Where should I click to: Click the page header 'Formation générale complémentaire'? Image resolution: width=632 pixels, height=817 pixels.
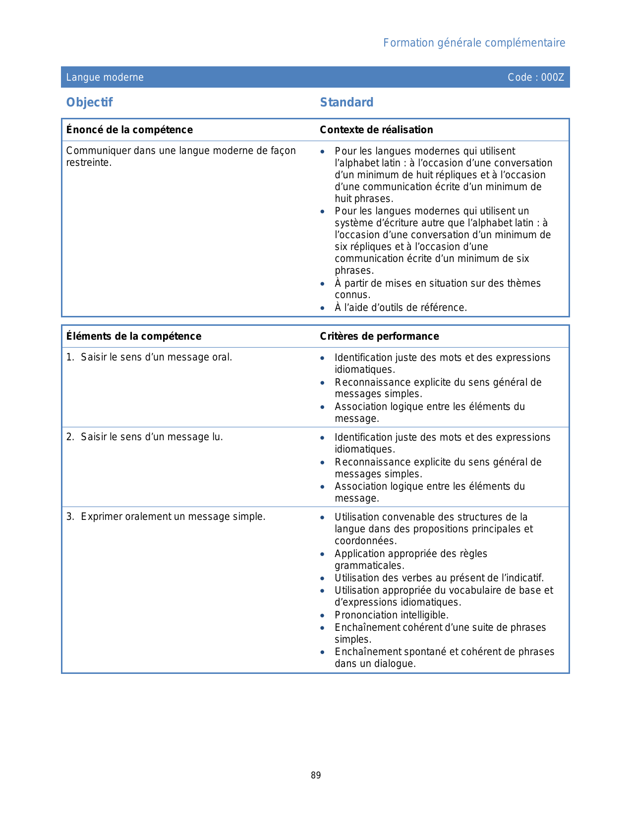pos(474,43)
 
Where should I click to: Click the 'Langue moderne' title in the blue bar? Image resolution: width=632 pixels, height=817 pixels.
pos(105,77)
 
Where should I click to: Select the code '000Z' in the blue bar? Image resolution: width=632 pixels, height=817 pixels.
pos(552,77)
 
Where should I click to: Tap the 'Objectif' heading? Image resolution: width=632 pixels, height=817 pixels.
pos(90,102)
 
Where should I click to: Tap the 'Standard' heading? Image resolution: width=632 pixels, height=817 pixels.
pos(346,102)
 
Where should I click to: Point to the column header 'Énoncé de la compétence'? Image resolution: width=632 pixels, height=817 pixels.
pos(129,130)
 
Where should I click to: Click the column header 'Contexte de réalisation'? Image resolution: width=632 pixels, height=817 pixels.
pos(376,130)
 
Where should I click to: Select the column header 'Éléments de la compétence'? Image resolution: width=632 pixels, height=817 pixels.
pos(134,336)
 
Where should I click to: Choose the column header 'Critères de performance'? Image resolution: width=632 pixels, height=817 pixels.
pos(379,336)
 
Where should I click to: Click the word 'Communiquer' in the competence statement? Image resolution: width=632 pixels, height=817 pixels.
pos(98,151)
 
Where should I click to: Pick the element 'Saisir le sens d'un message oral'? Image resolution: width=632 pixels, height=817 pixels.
pos(156,357)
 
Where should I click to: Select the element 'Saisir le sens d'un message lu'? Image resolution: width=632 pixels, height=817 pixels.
pos(152,437)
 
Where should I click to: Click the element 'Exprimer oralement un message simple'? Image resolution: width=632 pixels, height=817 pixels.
pos(173,516)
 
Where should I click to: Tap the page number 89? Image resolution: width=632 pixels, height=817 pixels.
pos(316,775)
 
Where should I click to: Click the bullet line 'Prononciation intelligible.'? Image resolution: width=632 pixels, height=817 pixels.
pos(391,615)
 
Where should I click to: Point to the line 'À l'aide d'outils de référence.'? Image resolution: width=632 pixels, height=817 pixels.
pos(401,307)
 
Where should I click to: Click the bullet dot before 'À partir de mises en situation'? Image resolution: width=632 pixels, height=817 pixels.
pos(323,284)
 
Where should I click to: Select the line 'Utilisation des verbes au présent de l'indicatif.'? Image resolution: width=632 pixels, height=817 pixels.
pos(439,578)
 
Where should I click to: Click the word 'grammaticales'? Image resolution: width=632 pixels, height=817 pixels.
pos(368,565)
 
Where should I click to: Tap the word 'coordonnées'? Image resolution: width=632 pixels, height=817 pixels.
pos(365,541)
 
